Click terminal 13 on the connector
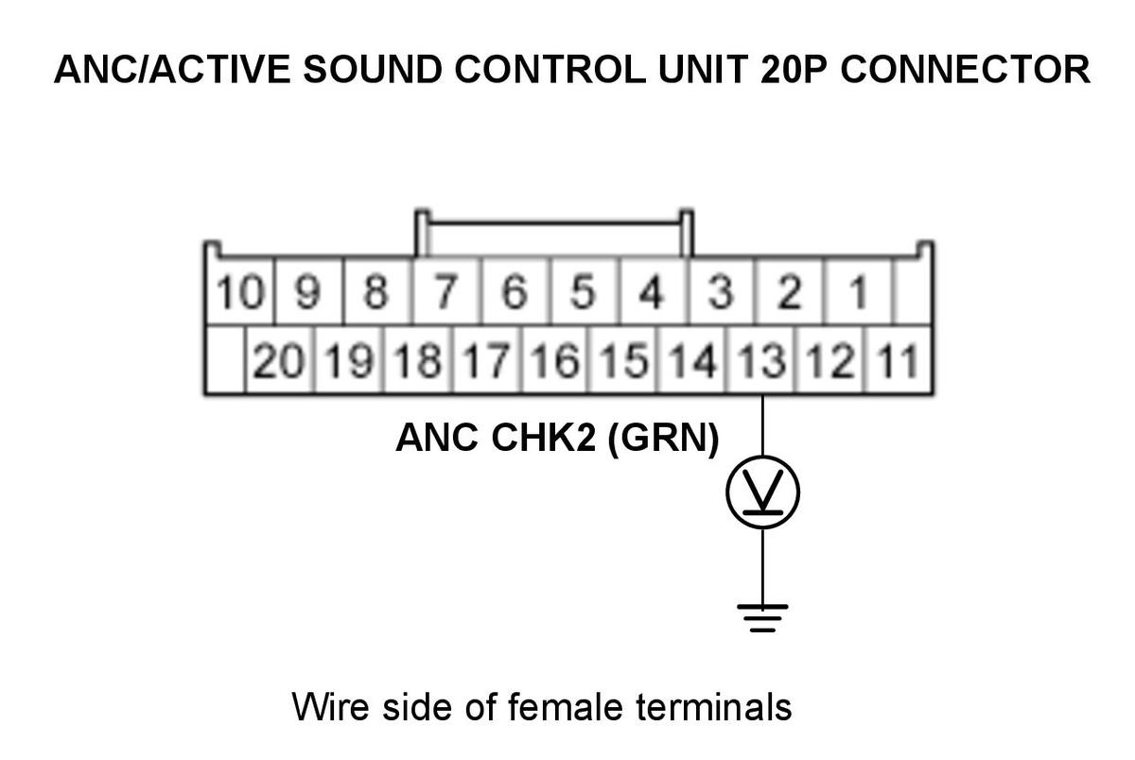point(760,360)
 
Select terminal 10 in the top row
point(240,292)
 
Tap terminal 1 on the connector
point(857,292)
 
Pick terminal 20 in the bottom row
point(279,360)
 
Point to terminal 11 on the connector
point(899,360)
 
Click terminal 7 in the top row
point(445,292)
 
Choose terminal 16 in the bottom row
point(555,360)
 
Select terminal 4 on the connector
point(652,292)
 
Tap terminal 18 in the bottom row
point(417,360)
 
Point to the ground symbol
point(762,618)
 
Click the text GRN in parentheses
point(663,439)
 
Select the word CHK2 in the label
point(543,438)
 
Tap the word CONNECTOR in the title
point(966,69)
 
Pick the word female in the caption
point(565,707)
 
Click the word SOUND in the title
point(373,69)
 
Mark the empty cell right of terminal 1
point(913,292)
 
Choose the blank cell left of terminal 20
point(225,360)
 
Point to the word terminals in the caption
point(713,707)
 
